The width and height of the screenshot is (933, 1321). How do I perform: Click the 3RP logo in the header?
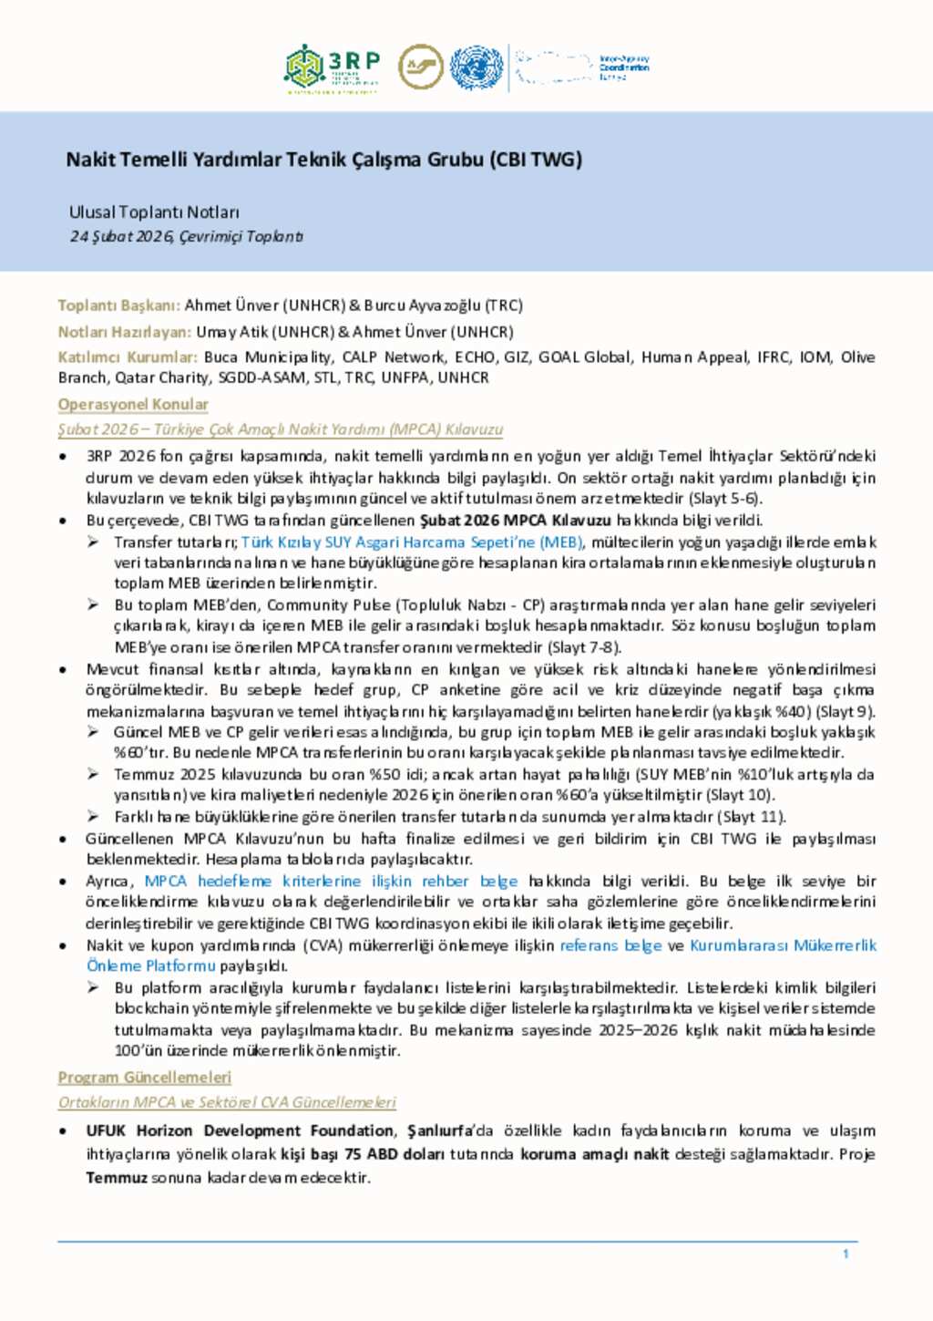tap(332, 68)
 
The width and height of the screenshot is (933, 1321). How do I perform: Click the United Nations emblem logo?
tap(476, 67)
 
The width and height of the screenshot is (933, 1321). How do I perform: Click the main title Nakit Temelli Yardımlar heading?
tap(323, 160)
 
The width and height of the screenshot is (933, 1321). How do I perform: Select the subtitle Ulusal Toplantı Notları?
tap(154, 212)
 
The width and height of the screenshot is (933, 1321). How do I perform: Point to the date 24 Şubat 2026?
tap(122, 236)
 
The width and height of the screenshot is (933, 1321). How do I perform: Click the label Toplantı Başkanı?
tap(119, 305)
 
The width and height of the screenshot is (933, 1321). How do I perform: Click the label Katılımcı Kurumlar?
tap(128, 357)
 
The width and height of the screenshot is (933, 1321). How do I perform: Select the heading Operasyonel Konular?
tap(133, 404)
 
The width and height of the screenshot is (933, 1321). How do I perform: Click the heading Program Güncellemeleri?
tap(145, 1077)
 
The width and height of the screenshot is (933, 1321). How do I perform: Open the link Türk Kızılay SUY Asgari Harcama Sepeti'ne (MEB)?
tap(412, 542)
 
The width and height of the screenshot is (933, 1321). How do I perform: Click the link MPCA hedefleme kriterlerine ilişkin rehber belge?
tap(331, 881)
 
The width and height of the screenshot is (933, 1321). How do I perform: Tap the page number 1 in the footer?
tap(846, 1254)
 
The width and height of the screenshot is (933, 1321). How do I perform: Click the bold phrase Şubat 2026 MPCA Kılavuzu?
tap(515, 521)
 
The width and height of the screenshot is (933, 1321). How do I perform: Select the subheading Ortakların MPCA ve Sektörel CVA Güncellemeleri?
tap(227, 1102)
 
